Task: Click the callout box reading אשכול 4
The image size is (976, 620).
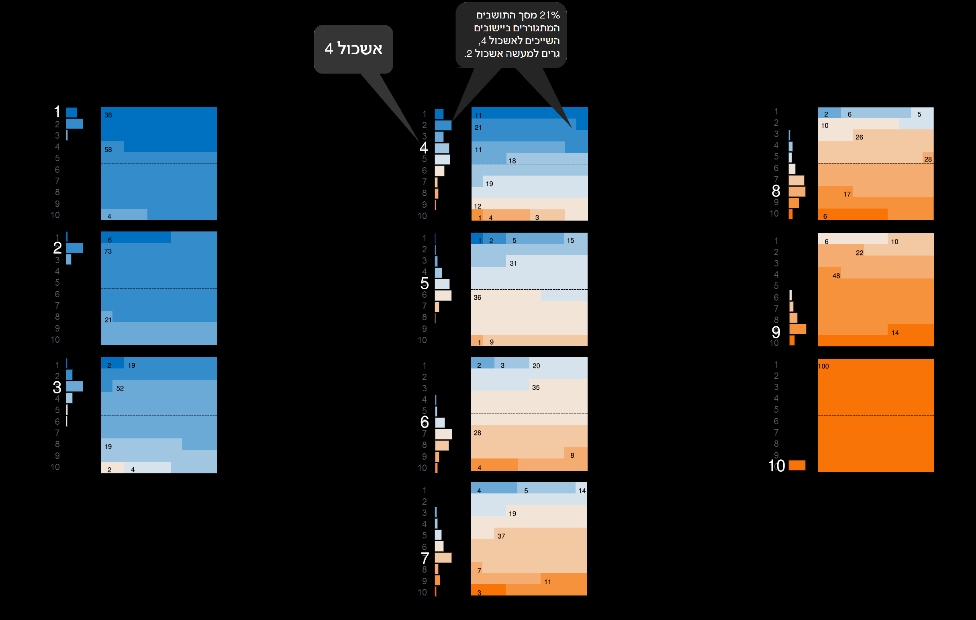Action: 353,49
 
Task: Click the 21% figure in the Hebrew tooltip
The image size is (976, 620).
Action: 549,15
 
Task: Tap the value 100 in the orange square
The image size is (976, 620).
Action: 823,366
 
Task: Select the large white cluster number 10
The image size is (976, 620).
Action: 776,466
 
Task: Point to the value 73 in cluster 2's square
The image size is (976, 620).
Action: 108,252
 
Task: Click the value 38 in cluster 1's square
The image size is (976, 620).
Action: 108,115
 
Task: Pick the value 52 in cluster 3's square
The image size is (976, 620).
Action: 120,388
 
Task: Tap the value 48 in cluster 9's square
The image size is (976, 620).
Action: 836,276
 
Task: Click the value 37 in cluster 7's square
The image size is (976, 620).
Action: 501,536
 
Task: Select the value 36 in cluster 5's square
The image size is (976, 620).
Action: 478,298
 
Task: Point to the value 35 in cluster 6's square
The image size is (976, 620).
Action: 536,388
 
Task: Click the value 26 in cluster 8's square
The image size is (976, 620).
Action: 859,137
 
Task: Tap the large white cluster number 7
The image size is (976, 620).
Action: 425,559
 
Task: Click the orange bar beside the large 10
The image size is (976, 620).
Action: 797,465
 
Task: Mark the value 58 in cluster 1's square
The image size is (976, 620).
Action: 108,149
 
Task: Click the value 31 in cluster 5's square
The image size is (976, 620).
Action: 513,263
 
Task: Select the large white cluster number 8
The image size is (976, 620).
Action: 776,190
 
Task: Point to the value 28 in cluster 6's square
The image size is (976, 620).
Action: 478,433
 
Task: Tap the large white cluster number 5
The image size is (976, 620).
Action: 425,283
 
